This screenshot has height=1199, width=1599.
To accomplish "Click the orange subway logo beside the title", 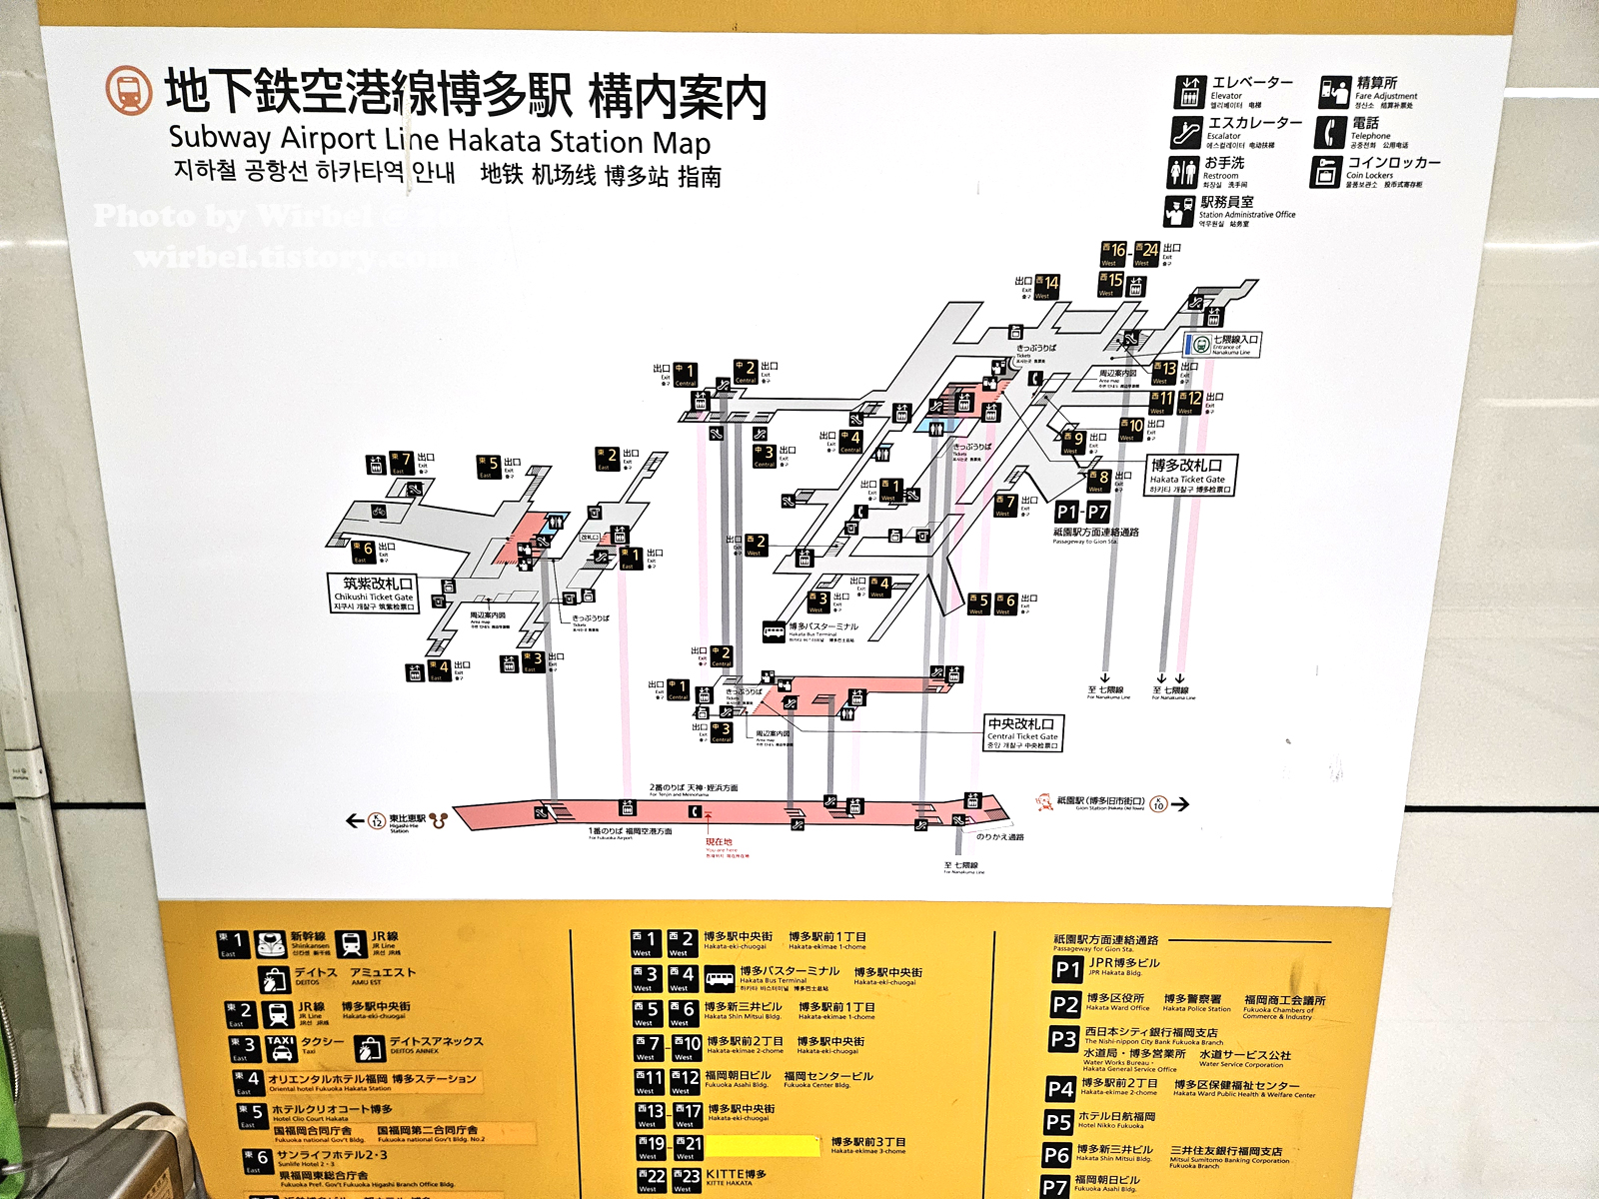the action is pos(128,90).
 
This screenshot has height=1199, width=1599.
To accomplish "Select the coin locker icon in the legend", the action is pos(1325,172).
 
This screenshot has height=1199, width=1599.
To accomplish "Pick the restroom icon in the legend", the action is pos(1183,172).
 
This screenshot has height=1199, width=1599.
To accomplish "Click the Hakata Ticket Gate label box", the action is pos(1189,476).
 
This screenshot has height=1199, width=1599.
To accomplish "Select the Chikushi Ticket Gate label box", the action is pos(373,593).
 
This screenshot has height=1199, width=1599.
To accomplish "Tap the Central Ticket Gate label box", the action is pos(1022,732).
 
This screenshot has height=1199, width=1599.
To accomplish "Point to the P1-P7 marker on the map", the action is pos(1081,512).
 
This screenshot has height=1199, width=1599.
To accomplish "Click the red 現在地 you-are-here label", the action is pos(719,842).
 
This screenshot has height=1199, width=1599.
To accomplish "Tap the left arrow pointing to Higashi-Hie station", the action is pos(354,820).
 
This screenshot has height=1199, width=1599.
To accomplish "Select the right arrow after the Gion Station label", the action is pos(1180,804).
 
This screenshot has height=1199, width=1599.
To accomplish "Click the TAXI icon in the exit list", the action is pos(281,1046).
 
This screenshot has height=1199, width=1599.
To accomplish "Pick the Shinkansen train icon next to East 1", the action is pos(271,944).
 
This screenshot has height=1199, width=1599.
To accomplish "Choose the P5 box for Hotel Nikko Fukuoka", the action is pos(1058,1122).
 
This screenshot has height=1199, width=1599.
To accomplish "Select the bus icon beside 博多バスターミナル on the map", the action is pos(774,631).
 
